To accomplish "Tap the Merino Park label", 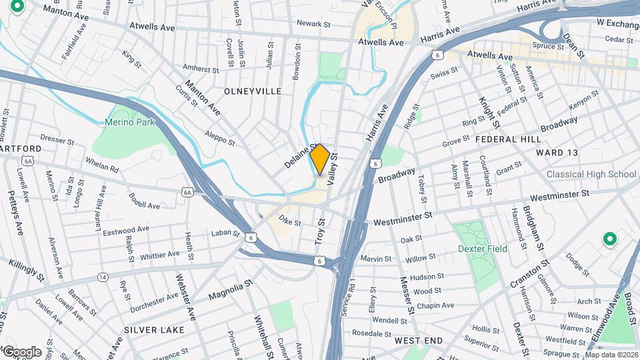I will [x=130, y=122].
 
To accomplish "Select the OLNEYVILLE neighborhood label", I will [x=253, y=91].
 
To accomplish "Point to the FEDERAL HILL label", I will [x=506, y=139].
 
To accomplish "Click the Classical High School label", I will [x=591, y=175].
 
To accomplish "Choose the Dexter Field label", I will [x=483, y=249].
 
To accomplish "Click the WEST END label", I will [x=418, y=341].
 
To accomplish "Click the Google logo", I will [x=22, y=352].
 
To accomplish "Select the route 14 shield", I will [x=102, y=277].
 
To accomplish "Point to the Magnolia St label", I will [x=230, y=290].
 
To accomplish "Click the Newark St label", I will [x=313, y=24].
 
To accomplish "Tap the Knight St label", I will [x=487, y=111].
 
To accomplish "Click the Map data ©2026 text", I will [x=611, y=355].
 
